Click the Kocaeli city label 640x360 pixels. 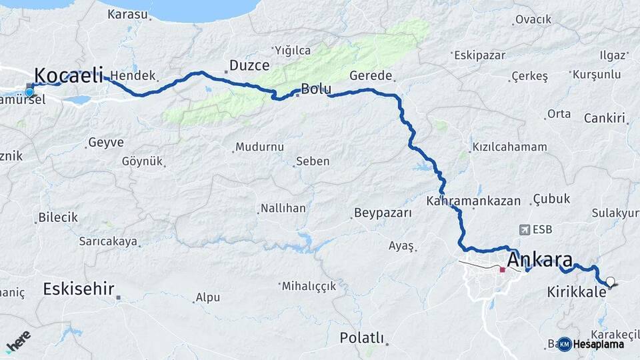point(68,74)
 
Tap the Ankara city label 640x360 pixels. point(540,259)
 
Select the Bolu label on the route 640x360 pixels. point(316,88)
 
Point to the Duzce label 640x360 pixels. point(249,65)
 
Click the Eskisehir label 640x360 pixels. point(79,289)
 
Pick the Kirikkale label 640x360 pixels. point(576,291)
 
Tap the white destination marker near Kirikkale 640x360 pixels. point(609,281)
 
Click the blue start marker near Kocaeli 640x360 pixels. point(29,91)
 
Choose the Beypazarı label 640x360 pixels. point(383,213)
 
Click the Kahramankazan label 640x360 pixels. point(475,200)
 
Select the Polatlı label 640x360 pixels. point(361,337)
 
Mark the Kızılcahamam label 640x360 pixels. point(509,147)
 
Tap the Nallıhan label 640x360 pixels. point(283,208)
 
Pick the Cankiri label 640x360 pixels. point(605,119)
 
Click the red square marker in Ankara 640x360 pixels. point(502,270)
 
